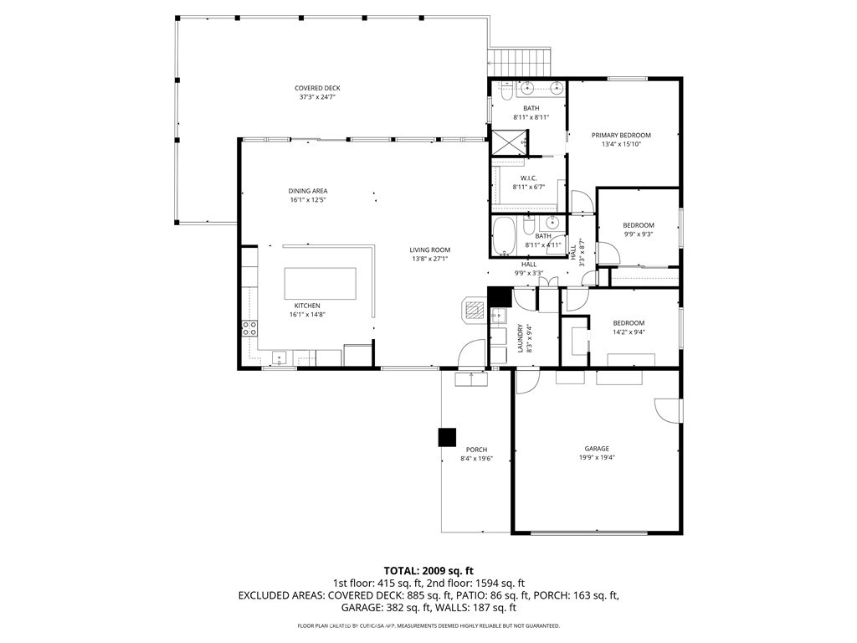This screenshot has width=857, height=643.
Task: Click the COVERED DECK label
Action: pyautogui.click(x=317, y=88)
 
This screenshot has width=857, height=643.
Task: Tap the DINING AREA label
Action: pyautogui.click(x=308, y=191)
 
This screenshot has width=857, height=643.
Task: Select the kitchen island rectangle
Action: pyautogui.click(x=321, y=283)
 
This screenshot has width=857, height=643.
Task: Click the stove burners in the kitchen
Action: pyautogui.click(x=249, y=327)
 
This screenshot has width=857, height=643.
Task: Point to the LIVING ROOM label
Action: pyautogui.click(x=430, y=249)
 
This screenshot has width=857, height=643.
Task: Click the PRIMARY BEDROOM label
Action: pyautogui.click(x=621, y=135)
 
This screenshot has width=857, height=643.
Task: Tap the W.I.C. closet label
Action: pyautogui.click(x=528, y=177)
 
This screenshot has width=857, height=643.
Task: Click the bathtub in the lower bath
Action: pyautogui.click(x=505, y=236)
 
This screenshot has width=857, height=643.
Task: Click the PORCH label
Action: pyautogui.click(x=476, y=450)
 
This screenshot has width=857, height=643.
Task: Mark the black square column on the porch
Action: pyautogui.click(x=447, y=437)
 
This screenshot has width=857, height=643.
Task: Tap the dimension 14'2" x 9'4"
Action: pyautogui.click(x=629, y=332)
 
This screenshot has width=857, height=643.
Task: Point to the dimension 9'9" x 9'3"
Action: pyautogui.click(x=639, y=234)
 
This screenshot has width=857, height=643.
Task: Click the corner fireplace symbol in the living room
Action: pyautogui.click(x=473, y=310)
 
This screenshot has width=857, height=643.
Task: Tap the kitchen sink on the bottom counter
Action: pyautogui.click(x=279, y=358)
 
